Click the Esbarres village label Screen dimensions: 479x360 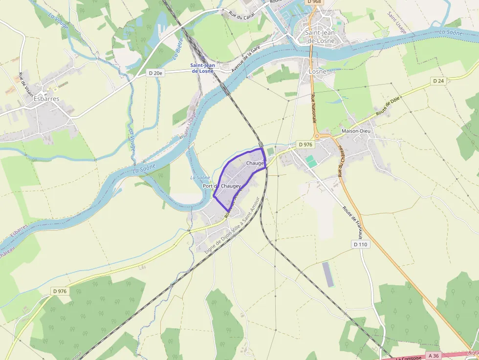[46, 99]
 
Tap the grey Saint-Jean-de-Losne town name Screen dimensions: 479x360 [320, 37]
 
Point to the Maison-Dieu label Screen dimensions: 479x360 [356, 131]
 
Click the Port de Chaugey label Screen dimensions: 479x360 [222, 186]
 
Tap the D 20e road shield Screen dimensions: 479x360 [155, 73]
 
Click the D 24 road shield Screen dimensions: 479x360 [438, 81]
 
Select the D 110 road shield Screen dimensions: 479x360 [360, 244]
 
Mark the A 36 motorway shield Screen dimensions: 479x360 [433, 355]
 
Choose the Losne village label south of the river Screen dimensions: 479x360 [318, 71]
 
